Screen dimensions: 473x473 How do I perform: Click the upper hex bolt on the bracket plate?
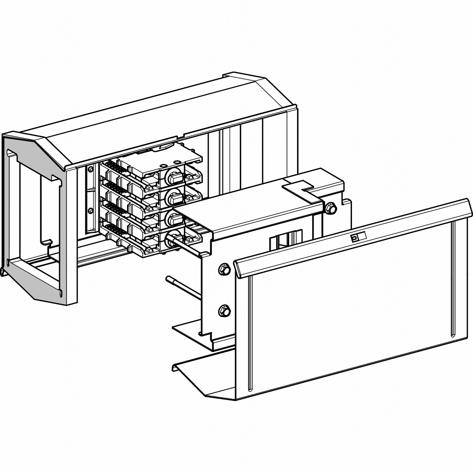(224, 269)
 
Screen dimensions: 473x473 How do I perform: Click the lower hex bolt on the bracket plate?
(224, 311)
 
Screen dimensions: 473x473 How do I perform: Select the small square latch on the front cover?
(355, 238)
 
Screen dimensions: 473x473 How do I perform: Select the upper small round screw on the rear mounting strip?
(91, 170)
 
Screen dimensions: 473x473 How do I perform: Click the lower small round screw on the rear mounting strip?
(91, 211)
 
